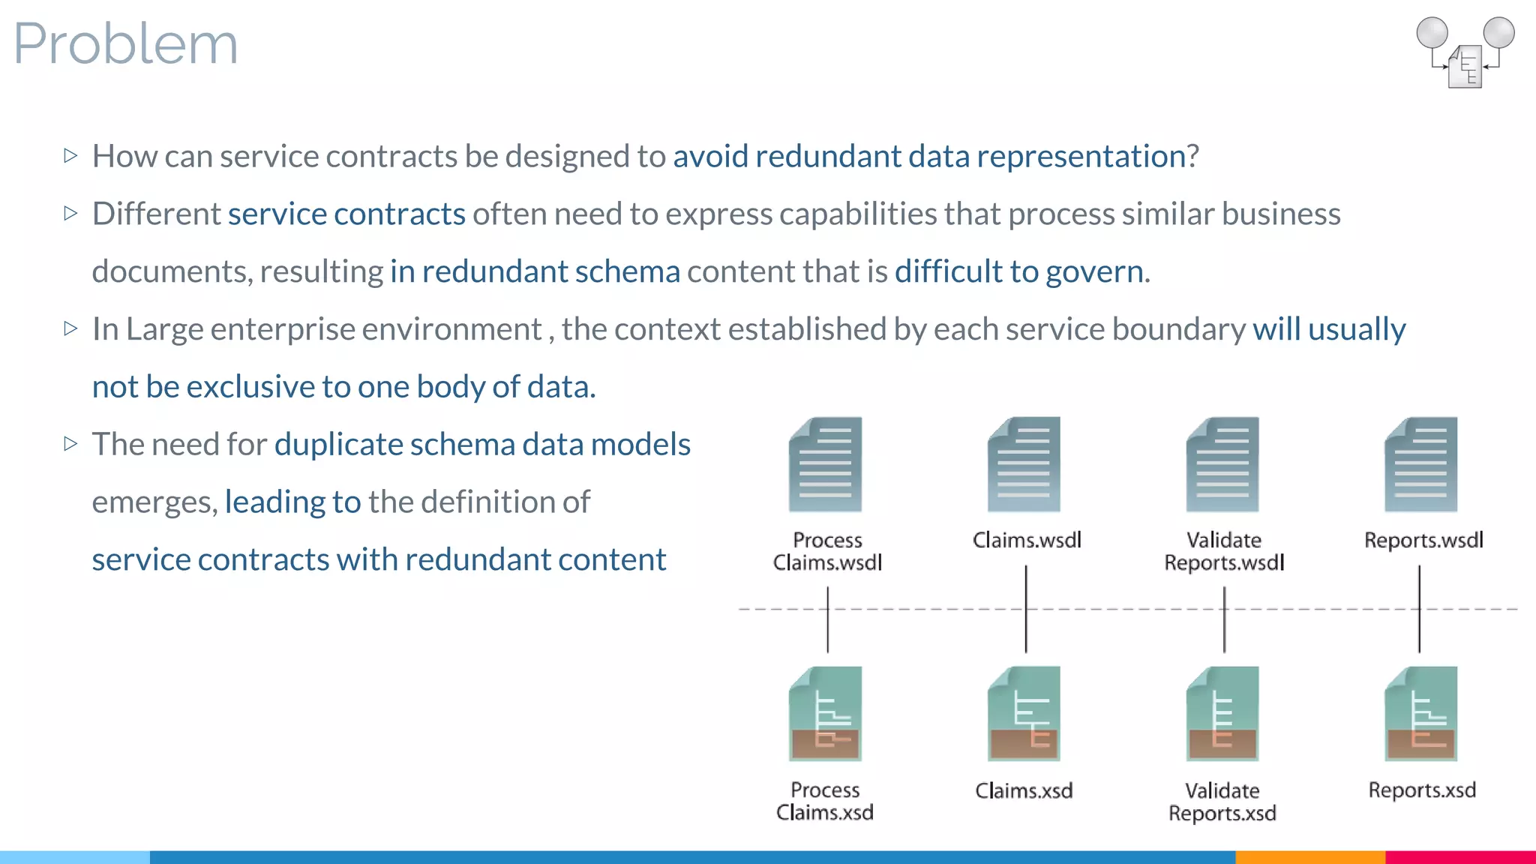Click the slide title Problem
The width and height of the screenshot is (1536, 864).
(126, 43)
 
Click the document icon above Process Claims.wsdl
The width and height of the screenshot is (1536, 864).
(825, 465)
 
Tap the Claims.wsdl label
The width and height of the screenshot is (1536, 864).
(1027, 540)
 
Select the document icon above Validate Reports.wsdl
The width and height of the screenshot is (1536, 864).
(1222, 465)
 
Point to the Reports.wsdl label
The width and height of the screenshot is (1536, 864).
(1423, 540)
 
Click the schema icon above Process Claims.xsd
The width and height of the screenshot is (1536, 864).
(825, 713)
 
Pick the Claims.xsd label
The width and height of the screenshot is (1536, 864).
(1024, 790)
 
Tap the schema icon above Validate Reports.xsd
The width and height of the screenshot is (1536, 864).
(1222, 713)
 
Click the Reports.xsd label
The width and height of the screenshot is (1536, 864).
(1422, 790)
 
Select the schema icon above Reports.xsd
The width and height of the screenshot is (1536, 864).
(1420, 713)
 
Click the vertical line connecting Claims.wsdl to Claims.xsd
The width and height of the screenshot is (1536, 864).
(1026, 609)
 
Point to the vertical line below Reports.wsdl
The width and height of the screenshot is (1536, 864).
(1419, 609)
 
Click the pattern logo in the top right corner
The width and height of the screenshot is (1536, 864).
(1465, 52)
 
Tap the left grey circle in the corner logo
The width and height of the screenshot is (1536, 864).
(1432, 33)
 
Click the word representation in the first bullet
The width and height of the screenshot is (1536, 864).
(1081, 156)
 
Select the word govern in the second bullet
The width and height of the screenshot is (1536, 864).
(1094, 271)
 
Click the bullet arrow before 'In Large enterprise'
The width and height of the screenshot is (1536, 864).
(71, 328)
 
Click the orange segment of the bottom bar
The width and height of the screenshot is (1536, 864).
(1309, 856)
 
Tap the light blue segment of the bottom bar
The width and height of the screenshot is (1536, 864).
(75, 856)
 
